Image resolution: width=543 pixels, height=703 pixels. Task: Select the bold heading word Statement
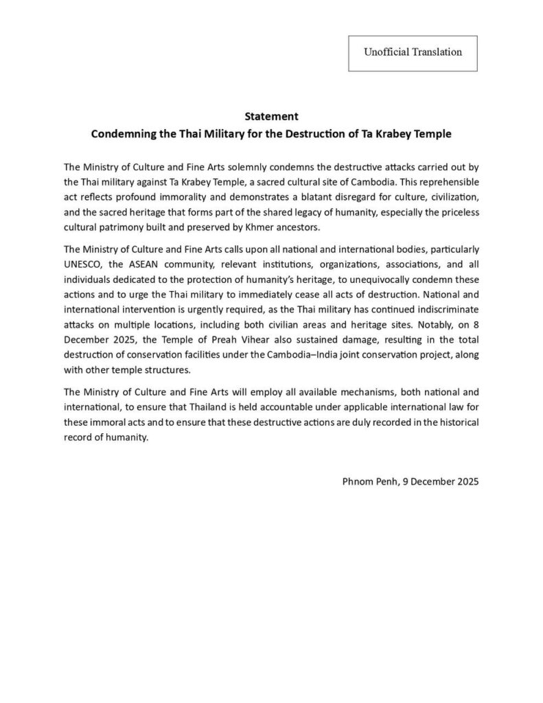pyautogui.click(x=271, y=117)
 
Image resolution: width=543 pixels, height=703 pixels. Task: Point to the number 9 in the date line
pyautogui.click(x=401, y=481)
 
